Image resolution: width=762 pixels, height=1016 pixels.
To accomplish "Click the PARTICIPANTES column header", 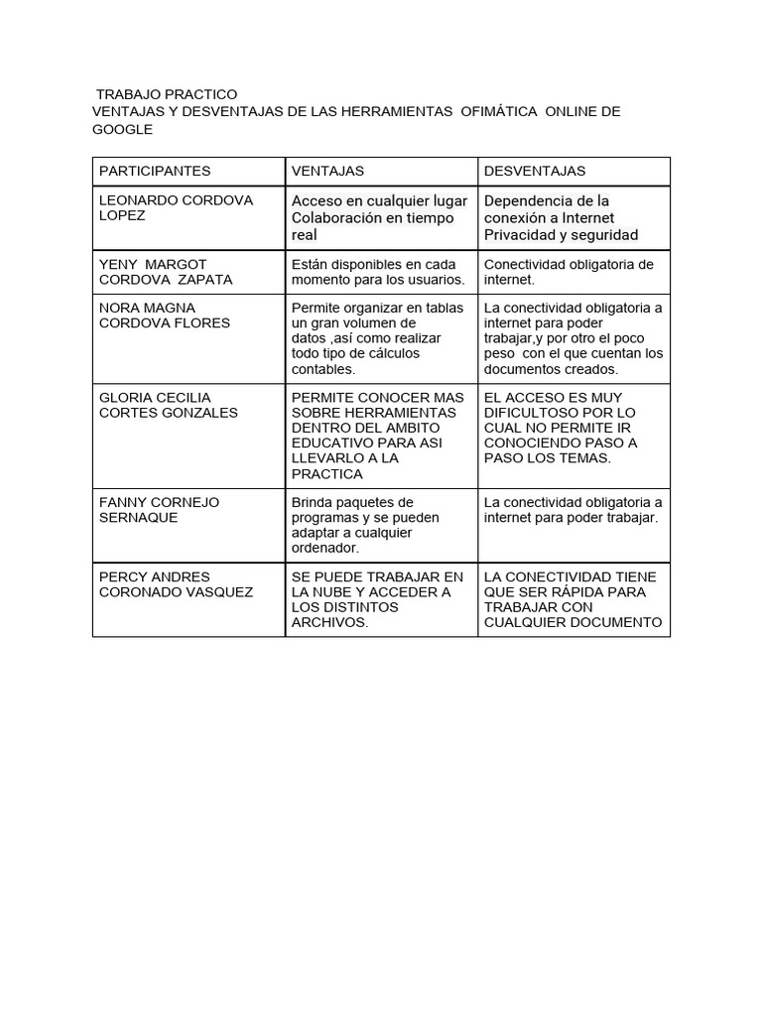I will [155, 172].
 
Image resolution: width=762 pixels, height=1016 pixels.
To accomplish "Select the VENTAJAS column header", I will [327, 172].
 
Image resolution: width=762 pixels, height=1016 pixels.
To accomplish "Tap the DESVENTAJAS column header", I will [535, 172].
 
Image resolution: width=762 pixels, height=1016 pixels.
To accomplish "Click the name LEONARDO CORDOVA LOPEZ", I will [176, 207].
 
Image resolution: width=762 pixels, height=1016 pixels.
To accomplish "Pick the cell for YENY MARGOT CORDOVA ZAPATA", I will [166, 272].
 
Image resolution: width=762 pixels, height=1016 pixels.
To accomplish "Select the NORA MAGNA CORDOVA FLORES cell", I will [164, 316].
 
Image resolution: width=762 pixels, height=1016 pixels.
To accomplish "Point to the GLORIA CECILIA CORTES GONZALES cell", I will [169, 405].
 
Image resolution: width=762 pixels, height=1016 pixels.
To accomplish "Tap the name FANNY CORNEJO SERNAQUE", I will [159, 510].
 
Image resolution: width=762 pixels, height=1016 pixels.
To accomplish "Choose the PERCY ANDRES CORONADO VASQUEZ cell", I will [176, 584].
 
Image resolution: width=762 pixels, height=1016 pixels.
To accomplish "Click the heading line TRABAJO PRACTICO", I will [167, 94].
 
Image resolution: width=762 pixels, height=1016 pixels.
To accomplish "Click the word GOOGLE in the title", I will [122, 130].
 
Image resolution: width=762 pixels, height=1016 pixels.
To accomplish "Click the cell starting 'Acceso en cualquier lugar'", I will [379, 218].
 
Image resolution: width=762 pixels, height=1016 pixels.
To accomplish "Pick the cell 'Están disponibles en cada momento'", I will [377, 272].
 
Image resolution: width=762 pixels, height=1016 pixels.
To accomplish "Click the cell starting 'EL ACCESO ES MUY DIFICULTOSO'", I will [561, 428].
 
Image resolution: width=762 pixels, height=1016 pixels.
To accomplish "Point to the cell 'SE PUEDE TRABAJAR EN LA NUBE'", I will [377, 599].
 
